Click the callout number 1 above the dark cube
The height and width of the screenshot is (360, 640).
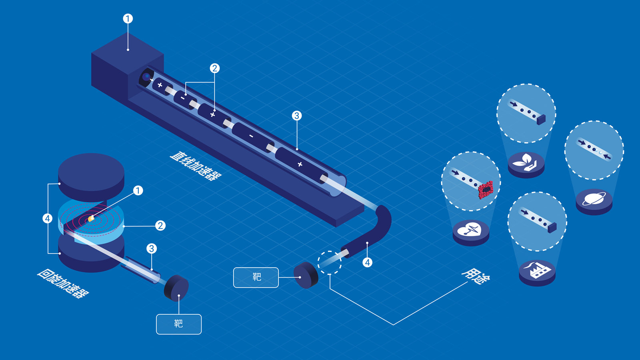coord(128,19)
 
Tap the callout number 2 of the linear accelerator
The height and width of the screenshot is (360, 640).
coord(214,68)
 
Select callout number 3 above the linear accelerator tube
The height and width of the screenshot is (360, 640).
coord(297,116)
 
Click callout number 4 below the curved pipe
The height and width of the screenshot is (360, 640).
coord(368,262)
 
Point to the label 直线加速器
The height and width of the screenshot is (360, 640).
coord(196,166)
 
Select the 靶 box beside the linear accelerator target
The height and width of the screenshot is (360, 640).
coord(256,278)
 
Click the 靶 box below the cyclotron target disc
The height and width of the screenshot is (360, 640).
coord(179,324)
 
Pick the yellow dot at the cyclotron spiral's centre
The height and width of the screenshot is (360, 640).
coord(91,219)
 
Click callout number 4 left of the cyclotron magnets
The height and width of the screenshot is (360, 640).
coord(48,218)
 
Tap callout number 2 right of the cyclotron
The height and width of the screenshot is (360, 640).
coord(160,226)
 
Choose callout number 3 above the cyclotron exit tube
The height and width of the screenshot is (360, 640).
coord(152,248)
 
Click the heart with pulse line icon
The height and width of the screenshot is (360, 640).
coord(470,230)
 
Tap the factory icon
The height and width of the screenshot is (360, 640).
coord(537,270)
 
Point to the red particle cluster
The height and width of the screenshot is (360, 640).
coord(486,190)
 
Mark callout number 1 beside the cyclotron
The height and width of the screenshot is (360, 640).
coord(138,190)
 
